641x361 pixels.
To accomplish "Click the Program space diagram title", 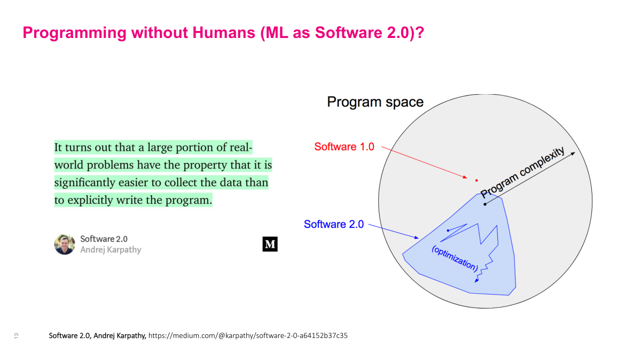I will click(x=375, y=102).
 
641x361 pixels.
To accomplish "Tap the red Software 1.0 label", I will click(x=344, y=147).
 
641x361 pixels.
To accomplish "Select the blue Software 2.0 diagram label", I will click(x=333, y=224).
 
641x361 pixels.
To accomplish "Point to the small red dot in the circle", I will click(x=476, y=180).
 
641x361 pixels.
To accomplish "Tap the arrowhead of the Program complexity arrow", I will click(x=573, y=153).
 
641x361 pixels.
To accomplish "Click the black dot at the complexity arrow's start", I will click(x=484, y=204).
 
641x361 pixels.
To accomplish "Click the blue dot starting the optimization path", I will click(x=448, y=231).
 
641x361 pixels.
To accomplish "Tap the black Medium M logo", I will click(x=270, y=244).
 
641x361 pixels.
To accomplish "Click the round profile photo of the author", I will click(x=65, y=244).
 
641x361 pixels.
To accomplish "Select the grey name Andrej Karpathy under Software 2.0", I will click(x=111, y=250).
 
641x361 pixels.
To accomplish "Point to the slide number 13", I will click(x=16, y=336).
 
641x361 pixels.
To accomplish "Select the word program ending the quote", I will click(x=190, y=201).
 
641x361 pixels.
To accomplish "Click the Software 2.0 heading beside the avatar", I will click(x=104, y=239).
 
